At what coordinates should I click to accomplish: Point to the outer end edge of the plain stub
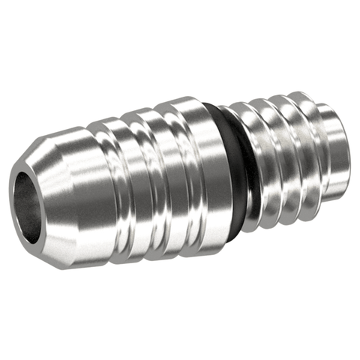pyautogui.click(x=346, y=142)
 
